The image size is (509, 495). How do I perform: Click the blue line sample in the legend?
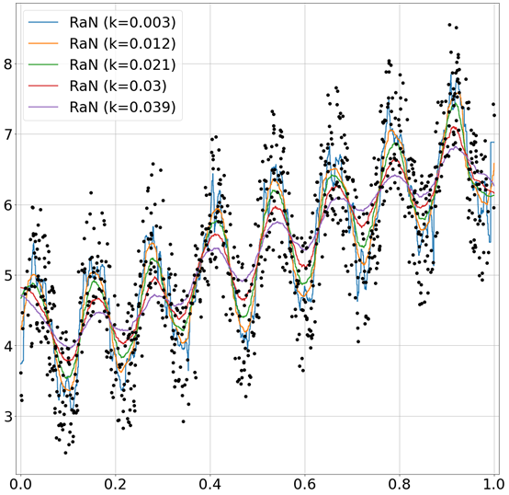point(44,21)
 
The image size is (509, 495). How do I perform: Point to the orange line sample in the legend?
point(44,43)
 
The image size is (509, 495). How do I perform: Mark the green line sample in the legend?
point(44,65)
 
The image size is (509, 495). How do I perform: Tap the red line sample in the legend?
point(44,86)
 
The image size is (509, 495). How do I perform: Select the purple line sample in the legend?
point(44,109)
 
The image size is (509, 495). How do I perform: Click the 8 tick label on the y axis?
point(7,63)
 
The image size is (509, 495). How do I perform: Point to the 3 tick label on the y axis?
point(7,416)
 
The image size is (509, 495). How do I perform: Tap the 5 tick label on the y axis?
point(7,275)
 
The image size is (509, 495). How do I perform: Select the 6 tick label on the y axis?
point(7,204)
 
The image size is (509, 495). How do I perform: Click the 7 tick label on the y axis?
point(7,134)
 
